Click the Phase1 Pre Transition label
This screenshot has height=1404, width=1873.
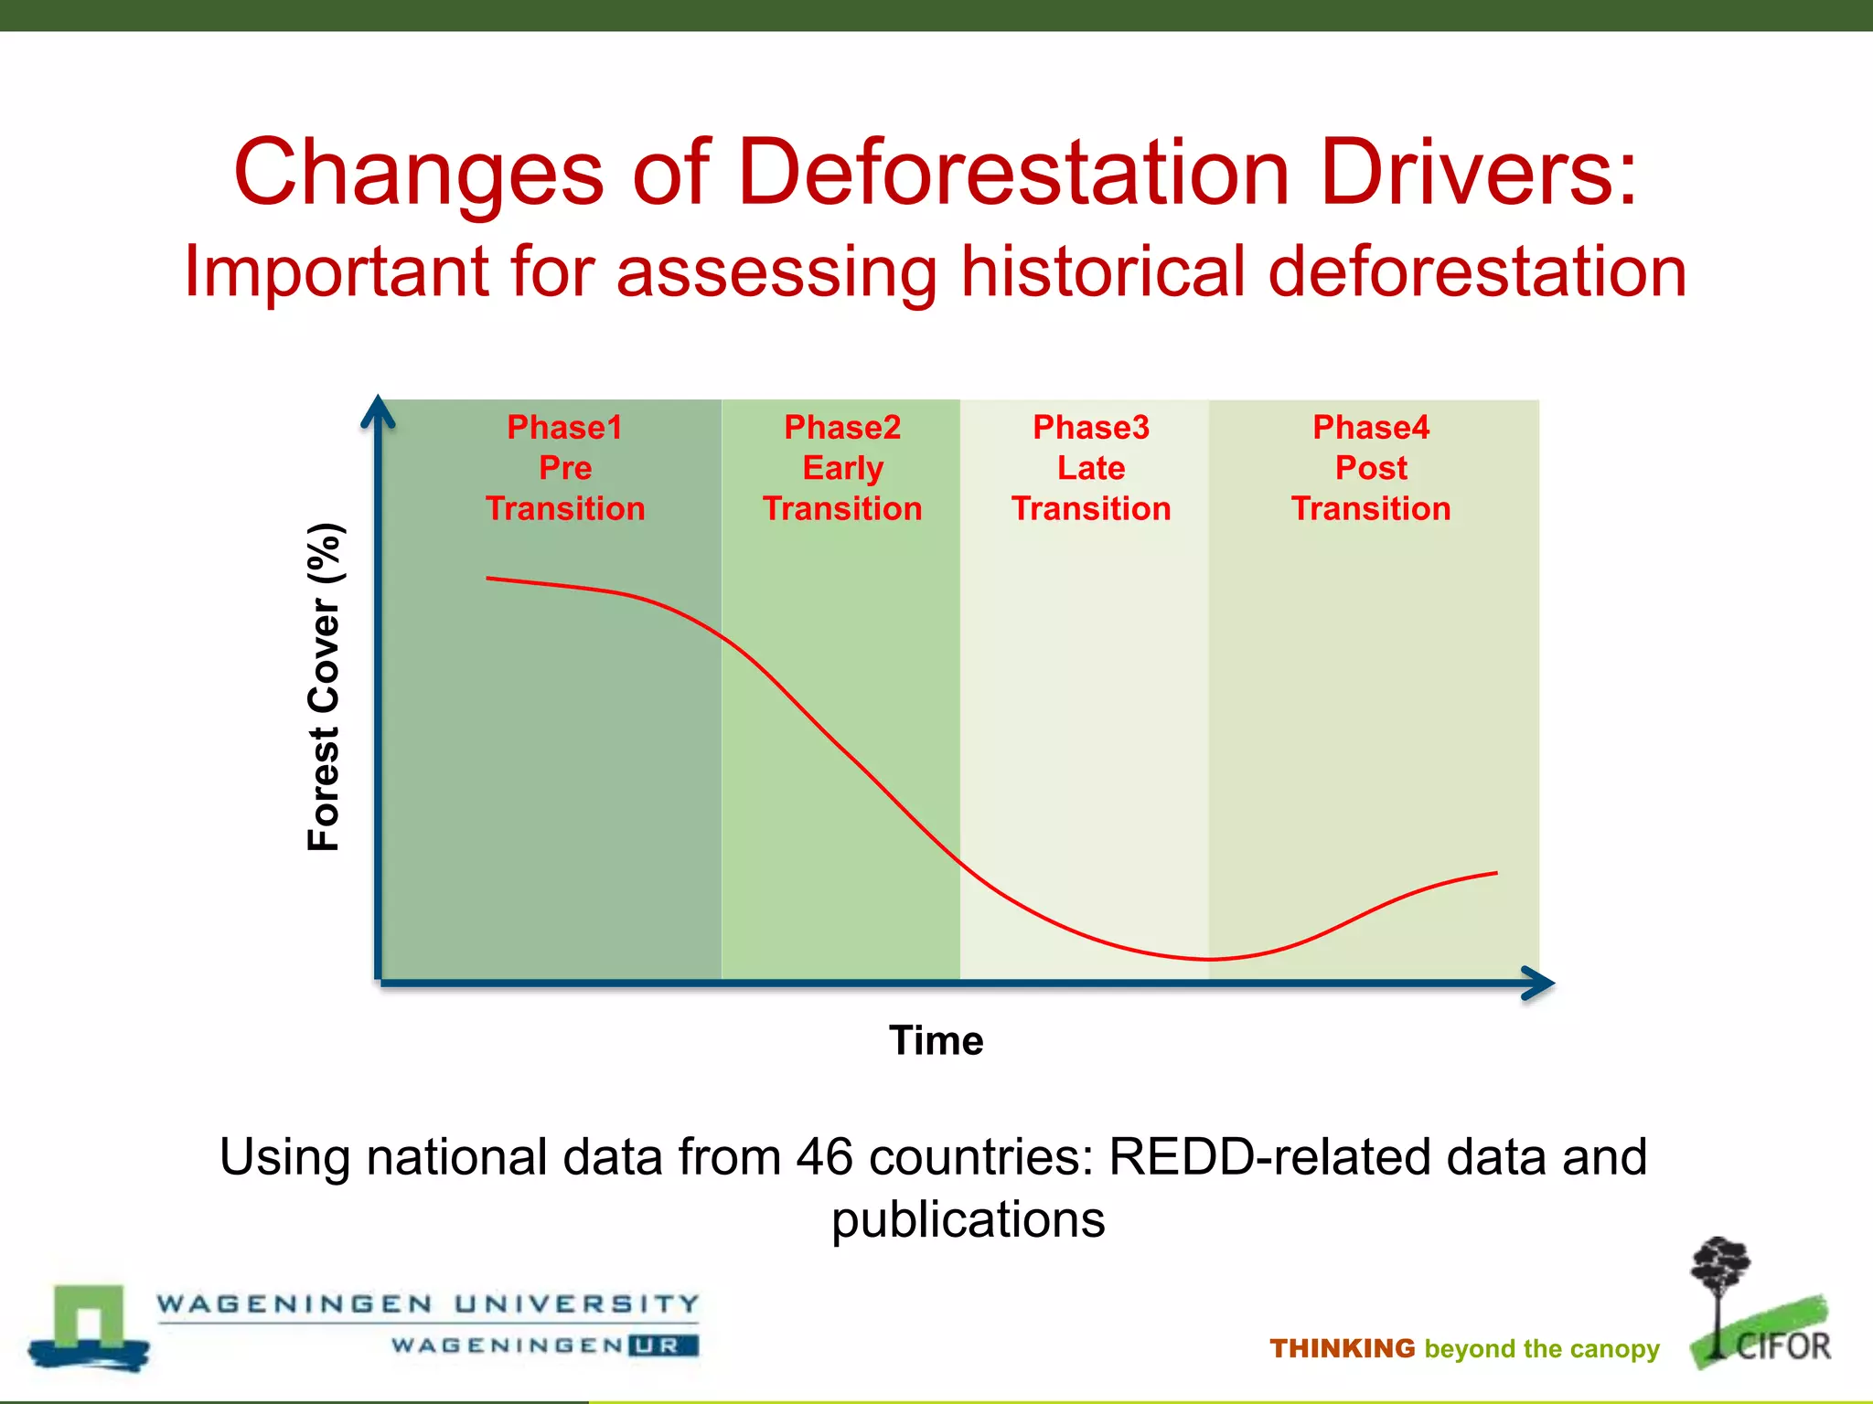point(565,468)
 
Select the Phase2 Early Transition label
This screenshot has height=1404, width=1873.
point(842,468)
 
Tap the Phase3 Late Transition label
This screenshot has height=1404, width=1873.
point(1091,468)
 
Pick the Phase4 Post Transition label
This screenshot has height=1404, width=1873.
point(1371,468)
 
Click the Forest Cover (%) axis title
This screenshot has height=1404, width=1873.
point(325,687)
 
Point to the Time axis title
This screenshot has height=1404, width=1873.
point(936,1040)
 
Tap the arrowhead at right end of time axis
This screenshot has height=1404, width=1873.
point(1540,984)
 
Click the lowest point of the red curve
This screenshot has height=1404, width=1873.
point(1209,959)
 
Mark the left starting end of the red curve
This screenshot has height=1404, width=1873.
point(488,578)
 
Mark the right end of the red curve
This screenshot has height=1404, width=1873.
point(1495,873)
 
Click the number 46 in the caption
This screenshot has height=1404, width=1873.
point(824,1157)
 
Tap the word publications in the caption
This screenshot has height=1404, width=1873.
point(968,1219)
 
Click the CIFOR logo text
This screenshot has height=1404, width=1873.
point(1782,1346)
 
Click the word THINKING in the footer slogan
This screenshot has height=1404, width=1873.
point(1342,1348)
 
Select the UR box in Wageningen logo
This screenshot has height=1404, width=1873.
point(663,1345)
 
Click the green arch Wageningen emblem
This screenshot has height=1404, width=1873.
point(89,1321)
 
